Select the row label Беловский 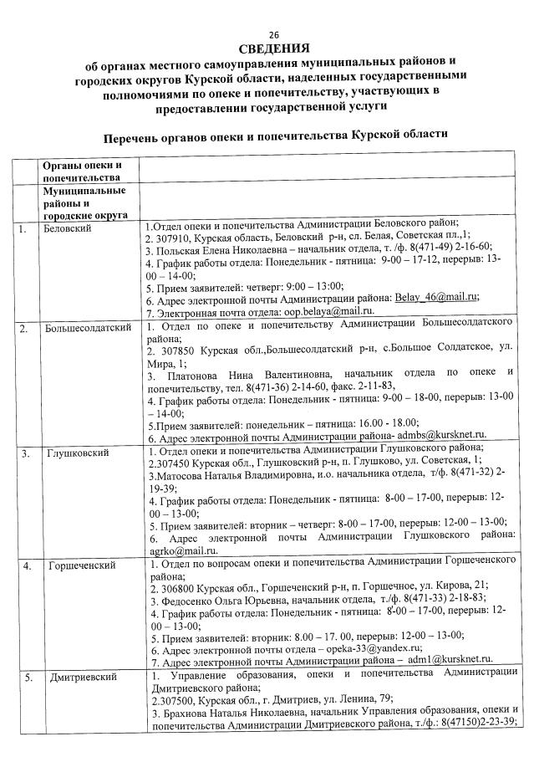point(67,228)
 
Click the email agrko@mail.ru point(170,550)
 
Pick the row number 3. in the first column point(26,453)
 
